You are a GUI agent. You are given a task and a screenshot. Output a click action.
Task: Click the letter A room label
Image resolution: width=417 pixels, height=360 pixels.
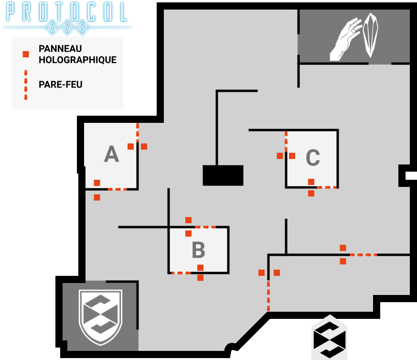[111, 154]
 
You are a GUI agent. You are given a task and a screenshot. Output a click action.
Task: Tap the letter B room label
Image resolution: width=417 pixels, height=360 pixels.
[198, 250]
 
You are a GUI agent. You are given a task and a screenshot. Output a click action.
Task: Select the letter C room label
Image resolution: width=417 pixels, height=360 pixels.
[312, 158]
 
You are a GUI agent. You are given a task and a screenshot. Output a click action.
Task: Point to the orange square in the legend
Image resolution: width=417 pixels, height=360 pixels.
[26, 54]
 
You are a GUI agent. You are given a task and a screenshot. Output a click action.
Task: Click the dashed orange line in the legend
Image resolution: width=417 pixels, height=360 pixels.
[26, 85]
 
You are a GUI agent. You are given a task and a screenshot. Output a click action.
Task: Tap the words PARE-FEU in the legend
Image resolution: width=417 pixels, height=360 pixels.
[60, 85]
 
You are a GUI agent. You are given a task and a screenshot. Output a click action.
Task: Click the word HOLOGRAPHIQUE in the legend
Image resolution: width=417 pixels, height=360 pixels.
[77, 60]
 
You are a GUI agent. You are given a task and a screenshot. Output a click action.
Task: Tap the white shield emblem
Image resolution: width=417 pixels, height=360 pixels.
[100, 316]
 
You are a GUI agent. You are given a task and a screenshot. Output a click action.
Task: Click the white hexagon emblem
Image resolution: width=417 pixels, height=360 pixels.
[329, 337]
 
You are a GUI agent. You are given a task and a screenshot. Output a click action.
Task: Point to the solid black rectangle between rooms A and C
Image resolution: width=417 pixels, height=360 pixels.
[223, 175]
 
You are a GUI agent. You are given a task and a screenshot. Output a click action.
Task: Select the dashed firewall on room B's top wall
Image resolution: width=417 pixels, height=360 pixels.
[206, 227]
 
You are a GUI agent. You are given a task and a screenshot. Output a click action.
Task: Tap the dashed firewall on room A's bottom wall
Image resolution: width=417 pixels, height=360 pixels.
[118, 189]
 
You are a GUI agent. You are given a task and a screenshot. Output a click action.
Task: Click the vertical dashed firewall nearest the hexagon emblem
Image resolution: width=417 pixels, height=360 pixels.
[268, 295]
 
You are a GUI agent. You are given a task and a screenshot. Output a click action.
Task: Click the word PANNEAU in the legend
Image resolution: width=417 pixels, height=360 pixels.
[60, 49]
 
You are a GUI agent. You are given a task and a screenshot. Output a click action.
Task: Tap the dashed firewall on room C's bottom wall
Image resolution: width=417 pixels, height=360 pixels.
[327, 187]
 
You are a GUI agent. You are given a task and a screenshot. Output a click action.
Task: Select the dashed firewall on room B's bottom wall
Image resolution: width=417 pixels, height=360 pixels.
[181, 273]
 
